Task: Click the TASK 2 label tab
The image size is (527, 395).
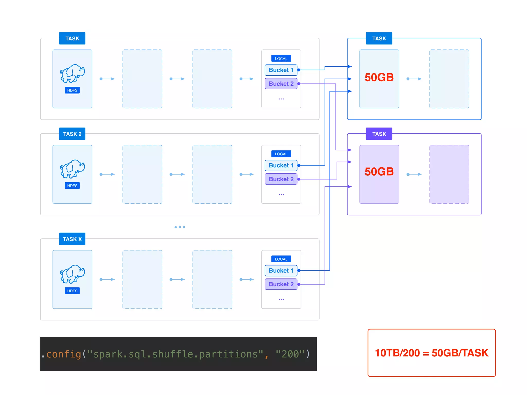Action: click(72, 134)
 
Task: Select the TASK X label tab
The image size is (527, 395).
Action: click(72, 239)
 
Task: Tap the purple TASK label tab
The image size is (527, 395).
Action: click(379, 134)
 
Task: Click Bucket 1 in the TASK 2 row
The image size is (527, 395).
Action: click(281, 165)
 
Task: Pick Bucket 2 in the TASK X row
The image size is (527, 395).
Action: click(281, 284)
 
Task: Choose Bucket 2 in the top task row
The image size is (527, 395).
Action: click(281, 84)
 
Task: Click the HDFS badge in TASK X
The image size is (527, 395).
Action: click(72, 291)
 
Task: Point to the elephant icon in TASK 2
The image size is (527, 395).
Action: click(72, 169)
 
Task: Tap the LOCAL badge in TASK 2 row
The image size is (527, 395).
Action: click(281, 154)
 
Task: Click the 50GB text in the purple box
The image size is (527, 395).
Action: click(379, 172)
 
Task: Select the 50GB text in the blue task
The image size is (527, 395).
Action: click(379, 77)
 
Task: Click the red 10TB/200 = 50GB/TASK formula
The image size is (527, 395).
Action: click(432, 353)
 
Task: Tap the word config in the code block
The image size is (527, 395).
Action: click(64, 354)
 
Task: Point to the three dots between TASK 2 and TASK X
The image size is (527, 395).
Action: click(180, 227)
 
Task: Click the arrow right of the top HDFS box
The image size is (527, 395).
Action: click(107, 79)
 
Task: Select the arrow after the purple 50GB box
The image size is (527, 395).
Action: click(414, 174)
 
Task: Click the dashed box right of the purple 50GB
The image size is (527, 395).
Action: click(449, 174)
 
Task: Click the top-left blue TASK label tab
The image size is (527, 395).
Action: click(72, 38)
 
